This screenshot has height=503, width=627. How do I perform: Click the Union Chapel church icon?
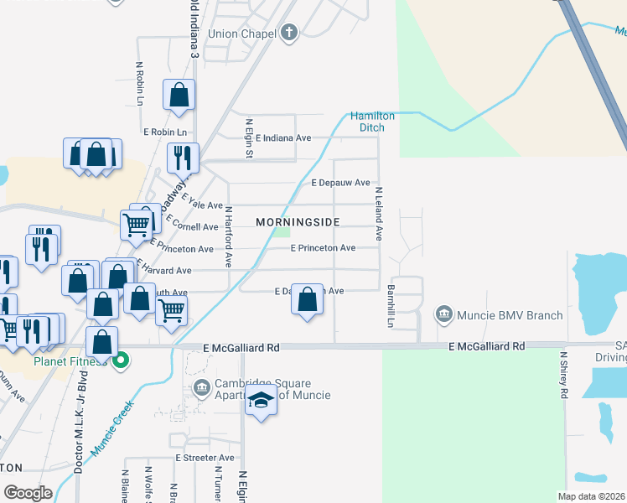click(288, 34)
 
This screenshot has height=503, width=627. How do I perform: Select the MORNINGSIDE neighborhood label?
click(298, 222)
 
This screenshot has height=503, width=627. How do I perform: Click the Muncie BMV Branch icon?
click(443, 316)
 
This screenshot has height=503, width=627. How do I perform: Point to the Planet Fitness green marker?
click(121, 361)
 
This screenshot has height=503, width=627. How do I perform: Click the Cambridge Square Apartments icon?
click(201, 388)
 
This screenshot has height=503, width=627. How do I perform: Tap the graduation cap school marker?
click(262, 401)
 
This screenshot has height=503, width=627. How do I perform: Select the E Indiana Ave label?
click(283, 138)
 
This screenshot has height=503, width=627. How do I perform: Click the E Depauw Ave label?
click(340, 183)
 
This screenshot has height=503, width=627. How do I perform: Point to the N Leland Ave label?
click(378, 220)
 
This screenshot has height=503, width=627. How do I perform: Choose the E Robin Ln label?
click(164, 132)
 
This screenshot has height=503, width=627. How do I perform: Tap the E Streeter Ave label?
click(205, 458)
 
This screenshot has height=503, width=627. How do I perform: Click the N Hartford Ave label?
click(227, 232)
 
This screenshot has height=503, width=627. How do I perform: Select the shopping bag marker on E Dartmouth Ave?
click(308, 300)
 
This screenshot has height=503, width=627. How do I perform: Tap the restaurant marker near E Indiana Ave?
click(183, 157)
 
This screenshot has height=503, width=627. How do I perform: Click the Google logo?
click(28, 492)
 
